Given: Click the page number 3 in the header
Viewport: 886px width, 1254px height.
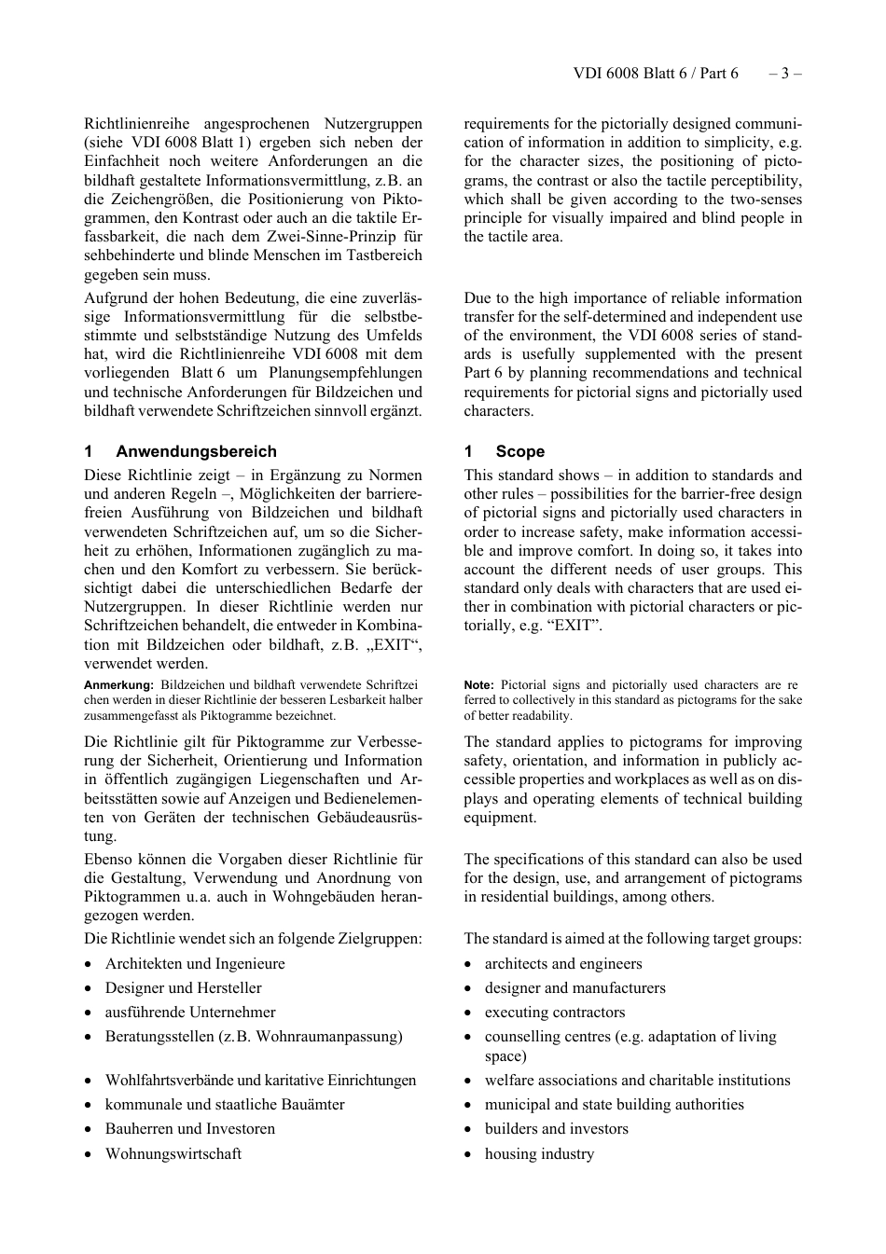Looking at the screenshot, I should coord(785,74).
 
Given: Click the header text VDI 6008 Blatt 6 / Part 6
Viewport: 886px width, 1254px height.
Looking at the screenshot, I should coord(656,74).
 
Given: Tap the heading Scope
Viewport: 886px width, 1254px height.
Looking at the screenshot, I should coord(519,451).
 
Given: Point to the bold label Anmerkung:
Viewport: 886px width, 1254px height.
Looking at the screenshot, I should coord(118,685).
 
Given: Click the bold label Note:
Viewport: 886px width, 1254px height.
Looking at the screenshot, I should coord(478,685).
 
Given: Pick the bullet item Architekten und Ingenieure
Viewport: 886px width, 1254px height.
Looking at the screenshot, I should coord(195,964).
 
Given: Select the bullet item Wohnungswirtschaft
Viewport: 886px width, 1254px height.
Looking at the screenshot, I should coord(173,1154).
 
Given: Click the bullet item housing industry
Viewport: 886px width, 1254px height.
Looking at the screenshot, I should coord(539,1154).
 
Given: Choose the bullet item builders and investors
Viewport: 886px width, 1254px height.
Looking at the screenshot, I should coord(556,1129).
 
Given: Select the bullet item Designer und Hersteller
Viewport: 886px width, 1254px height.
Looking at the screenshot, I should coord(183,988).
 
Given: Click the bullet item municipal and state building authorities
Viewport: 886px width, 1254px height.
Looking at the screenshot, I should coord(614,1105).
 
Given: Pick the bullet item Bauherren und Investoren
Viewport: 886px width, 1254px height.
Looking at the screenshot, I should coord(189,1129).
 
